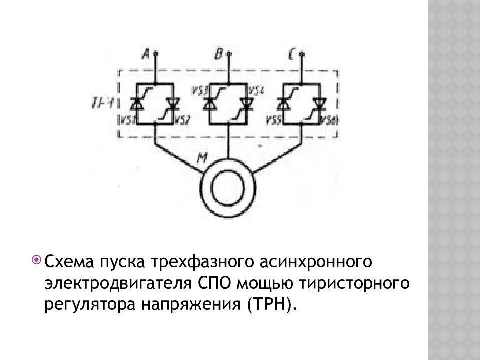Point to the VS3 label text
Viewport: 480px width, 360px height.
[199, 92]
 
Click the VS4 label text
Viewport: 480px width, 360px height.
[256, 92]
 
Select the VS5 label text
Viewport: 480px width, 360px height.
[272, 120]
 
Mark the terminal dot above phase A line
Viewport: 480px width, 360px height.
[156, 52]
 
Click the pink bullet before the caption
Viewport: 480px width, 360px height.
[36, 259]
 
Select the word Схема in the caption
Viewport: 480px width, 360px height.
[70, 262]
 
